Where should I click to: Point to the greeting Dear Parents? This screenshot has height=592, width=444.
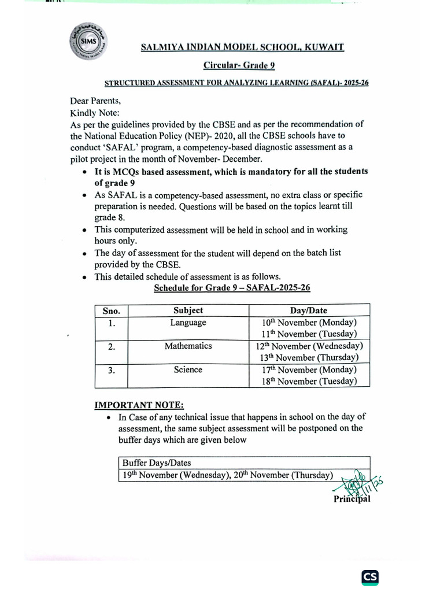click(x=96, y=99)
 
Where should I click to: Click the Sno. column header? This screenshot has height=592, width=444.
click(x=111, y=310)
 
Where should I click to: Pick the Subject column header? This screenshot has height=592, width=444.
click(x=188, y=310)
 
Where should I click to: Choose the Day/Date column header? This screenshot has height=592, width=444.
click(x=308, y=310)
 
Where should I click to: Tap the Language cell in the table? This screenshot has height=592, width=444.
click(x=188, y=323)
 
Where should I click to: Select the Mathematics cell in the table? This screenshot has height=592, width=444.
click(x=188, y=346)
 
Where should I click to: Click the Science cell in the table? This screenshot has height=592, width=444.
click(x=188, y=369)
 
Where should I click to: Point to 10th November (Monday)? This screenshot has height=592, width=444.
click(x=309, y=323)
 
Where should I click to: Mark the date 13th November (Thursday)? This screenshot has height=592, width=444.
click(x=309, y=358)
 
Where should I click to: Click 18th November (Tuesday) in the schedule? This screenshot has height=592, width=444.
click(x=309, y=382)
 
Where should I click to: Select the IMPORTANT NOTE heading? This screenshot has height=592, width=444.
click(x=139, y=405)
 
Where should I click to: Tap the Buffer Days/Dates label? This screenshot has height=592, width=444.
click(x=157, y=463)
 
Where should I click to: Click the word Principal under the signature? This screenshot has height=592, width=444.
click(x=351, y=499)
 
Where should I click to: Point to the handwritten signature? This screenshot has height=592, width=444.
click(x=361, y=482)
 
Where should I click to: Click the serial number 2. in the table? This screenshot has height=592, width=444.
click(x=111, y=347)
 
